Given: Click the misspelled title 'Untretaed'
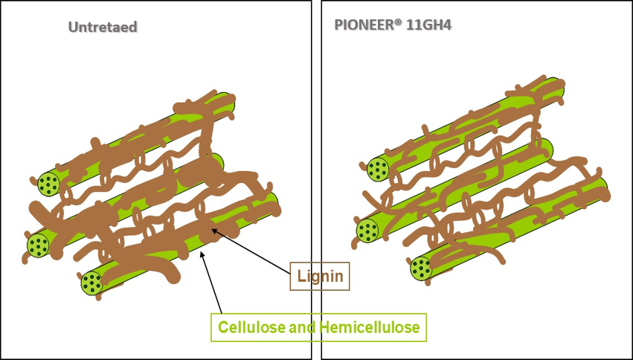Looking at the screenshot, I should (103, 28).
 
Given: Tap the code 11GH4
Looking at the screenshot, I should (431, 25).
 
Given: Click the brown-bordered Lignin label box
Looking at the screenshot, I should (319, 277).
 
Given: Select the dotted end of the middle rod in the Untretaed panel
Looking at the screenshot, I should (39, 242).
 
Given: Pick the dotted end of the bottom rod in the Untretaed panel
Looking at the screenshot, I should (92, 283).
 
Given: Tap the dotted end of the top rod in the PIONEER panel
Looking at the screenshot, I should (379, 170).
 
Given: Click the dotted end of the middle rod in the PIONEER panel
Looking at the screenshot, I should (367, 230).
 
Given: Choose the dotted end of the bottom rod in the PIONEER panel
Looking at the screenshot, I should (422, 268).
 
